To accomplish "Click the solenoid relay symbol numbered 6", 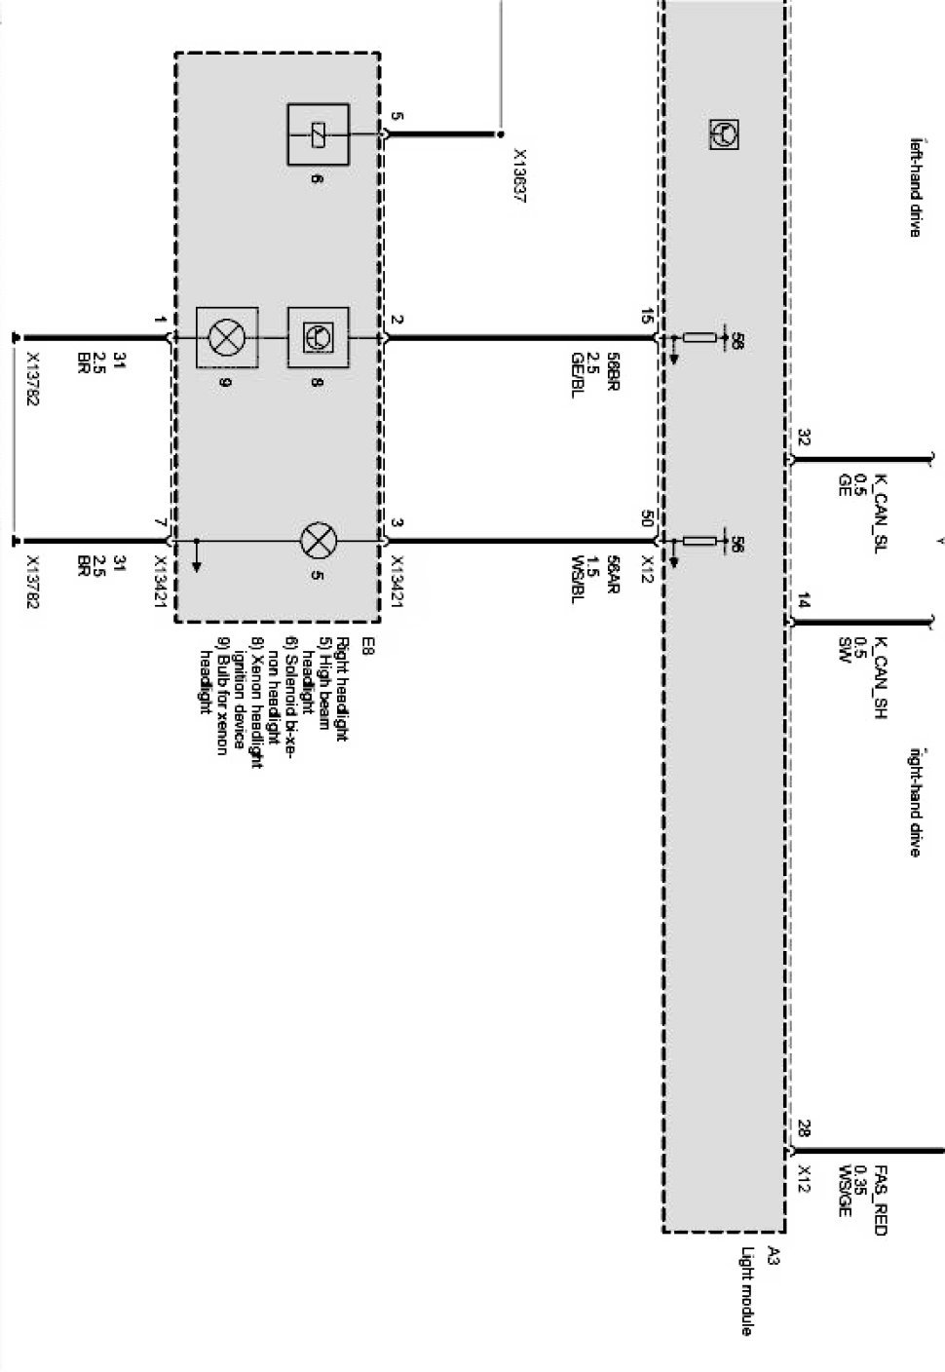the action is coord(318,134).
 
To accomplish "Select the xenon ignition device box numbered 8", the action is coord(318,338).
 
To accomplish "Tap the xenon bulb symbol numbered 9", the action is coord(227,338).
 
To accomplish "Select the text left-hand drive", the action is coord(915,187).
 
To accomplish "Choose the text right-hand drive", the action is coord(915,801).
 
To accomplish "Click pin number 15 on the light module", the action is coord(648,317).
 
